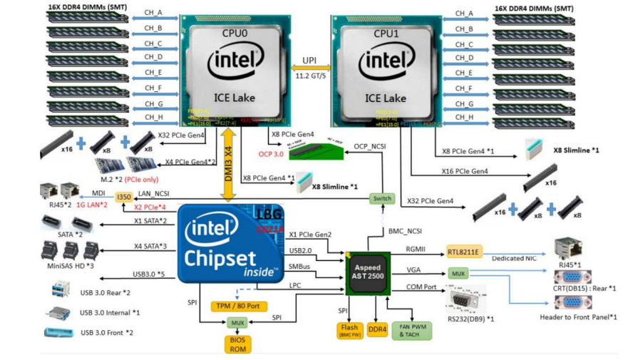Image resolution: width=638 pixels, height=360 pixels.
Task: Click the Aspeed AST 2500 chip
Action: pos(369,272)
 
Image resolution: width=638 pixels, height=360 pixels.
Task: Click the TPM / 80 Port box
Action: pos(238,306)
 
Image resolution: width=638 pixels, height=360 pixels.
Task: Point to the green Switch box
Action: pos(380,197)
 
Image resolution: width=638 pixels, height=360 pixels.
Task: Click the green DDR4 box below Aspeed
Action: pos(376,330)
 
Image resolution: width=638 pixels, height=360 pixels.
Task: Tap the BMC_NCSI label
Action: pos(407,230)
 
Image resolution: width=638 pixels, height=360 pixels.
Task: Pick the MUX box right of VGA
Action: pos(457,272)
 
